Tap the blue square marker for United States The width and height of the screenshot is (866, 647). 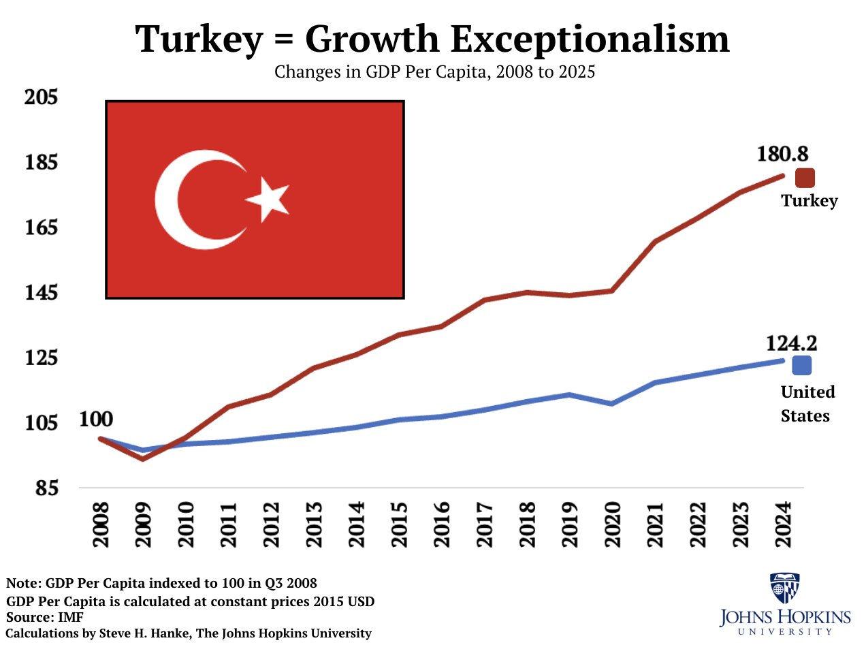point(802,366)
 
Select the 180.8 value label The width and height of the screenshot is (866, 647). point(782,154)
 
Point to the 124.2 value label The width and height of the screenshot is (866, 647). point(791,343)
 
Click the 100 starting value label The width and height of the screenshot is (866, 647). point(96,419)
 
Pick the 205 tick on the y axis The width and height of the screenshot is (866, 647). point(42,97)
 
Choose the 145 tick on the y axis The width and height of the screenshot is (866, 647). point(42,293)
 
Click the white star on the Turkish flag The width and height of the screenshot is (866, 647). point(268,199)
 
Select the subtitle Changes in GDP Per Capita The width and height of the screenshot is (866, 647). point(434,72)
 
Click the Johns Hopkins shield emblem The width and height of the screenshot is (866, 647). point(784,588)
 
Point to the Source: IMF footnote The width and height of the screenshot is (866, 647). point(45,617)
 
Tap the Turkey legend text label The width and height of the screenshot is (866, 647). point(809,201)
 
